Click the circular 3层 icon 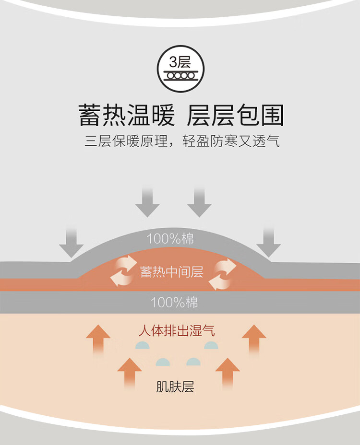[180, 69]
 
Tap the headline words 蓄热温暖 [126, 115]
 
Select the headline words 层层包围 [235, 115]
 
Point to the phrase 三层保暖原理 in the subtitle [126, 141]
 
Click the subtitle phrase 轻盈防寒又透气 [231, 141]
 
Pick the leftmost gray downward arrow [71, 243]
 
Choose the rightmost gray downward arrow [268, 243]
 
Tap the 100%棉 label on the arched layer [170, 239]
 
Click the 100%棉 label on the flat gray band [174, 302]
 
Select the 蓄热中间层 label [172, 271]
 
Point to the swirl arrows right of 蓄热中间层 [222, 274]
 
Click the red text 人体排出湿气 [177, 330]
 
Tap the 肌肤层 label [175, 386]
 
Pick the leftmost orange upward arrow [98, 340]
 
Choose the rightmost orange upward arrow [254, 340]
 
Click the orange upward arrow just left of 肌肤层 [130, 373]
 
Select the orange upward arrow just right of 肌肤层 [228, 373]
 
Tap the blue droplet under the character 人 [143, 345]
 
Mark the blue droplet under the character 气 [211, 345]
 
